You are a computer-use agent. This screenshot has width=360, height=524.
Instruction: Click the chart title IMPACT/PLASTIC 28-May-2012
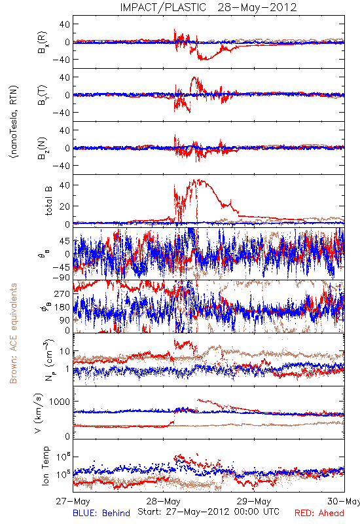[208, 7]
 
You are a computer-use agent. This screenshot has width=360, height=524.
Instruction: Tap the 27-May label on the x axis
[73, 501]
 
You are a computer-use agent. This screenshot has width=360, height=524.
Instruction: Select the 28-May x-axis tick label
[163, 501]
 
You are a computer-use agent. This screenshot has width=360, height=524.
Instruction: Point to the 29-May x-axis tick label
[254, 501]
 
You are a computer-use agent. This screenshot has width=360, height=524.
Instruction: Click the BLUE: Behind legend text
[101, 513]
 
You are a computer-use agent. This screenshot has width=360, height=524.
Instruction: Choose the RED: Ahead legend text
[319, 513]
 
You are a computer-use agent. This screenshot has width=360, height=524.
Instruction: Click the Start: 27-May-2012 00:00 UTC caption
[208, 512]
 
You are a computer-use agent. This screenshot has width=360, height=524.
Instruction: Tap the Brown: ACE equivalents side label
[13, 333]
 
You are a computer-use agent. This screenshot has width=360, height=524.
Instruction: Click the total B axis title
[48, 201]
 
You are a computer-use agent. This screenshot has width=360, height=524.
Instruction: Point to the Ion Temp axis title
[45, 466]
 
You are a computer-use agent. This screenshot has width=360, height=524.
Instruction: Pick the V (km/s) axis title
[39, 413]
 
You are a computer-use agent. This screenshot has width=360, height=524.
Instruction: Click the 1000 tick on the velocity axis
[60, 402]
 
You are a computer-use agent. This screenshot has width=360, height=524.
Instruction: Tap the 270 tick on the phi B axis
[62, 293]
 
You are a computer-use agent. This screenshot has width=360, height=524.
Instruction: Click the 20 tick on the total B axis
[64, 206]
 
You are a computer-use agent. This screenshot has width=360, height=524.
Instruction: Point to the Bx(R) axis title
[43, 43]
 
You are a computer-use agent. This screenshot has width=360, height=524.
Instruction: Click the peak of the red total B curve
[200, 179]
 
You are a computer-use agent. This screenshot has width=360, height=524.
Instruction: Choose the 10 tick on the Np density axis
[65, 351]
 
